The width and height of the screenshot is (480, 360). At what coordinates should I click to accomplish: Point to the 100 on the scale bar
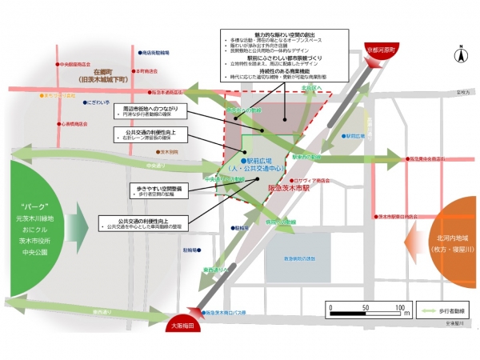[x=399, y=307]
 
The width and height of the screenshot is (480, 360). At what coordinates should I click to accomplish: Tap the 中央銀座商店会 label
[x=74, y=62]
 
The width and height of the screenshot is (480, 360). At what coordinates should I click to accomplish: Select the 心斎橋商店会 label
[x=75, y=124]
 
